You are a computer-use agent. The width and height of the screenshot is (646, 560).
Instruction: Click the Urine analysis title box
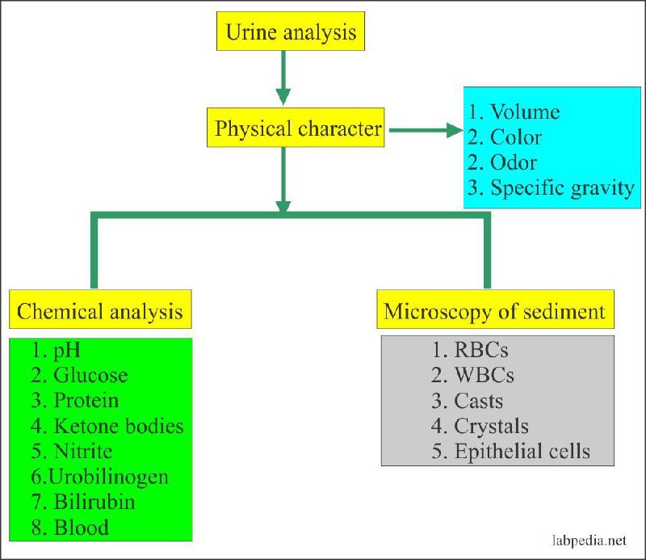(x=291, y=31)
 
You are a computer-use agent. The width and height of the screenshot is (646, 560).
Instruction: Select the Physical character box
(x=296, y=128)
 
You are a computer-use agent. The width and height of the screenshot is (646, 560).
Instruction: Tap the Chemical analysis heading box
(x=100, y=309)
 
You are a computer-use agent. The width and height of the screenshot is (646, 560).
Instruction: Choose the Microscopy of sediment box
(x=495, y=309)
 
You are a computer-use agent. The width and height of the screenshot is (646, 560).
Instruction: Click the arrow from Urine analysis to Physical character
(x=283, y=78)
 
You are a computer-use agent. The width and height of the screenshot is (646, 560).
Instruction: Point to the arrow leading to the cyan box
(x=426, y=130)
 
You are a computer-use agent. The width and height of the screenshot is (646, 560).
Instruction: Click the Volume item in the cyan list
(x=514, y=112)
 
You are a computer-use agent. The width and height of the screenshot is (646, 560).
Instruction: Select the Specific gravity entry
(x=551, y=188)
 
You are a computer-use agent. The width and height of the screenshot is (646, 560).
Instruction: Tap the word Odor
(x=514, y=162)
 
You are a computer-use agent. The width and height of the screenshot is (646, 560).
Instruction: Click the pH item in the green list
(x=56, y=351)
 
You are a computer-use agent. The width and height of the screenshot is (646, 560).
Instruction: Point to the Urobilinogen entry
(x=99, y=477)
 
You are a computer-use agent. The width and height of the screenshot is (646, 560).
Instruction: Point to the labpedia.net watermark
(x=589, y=541)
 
